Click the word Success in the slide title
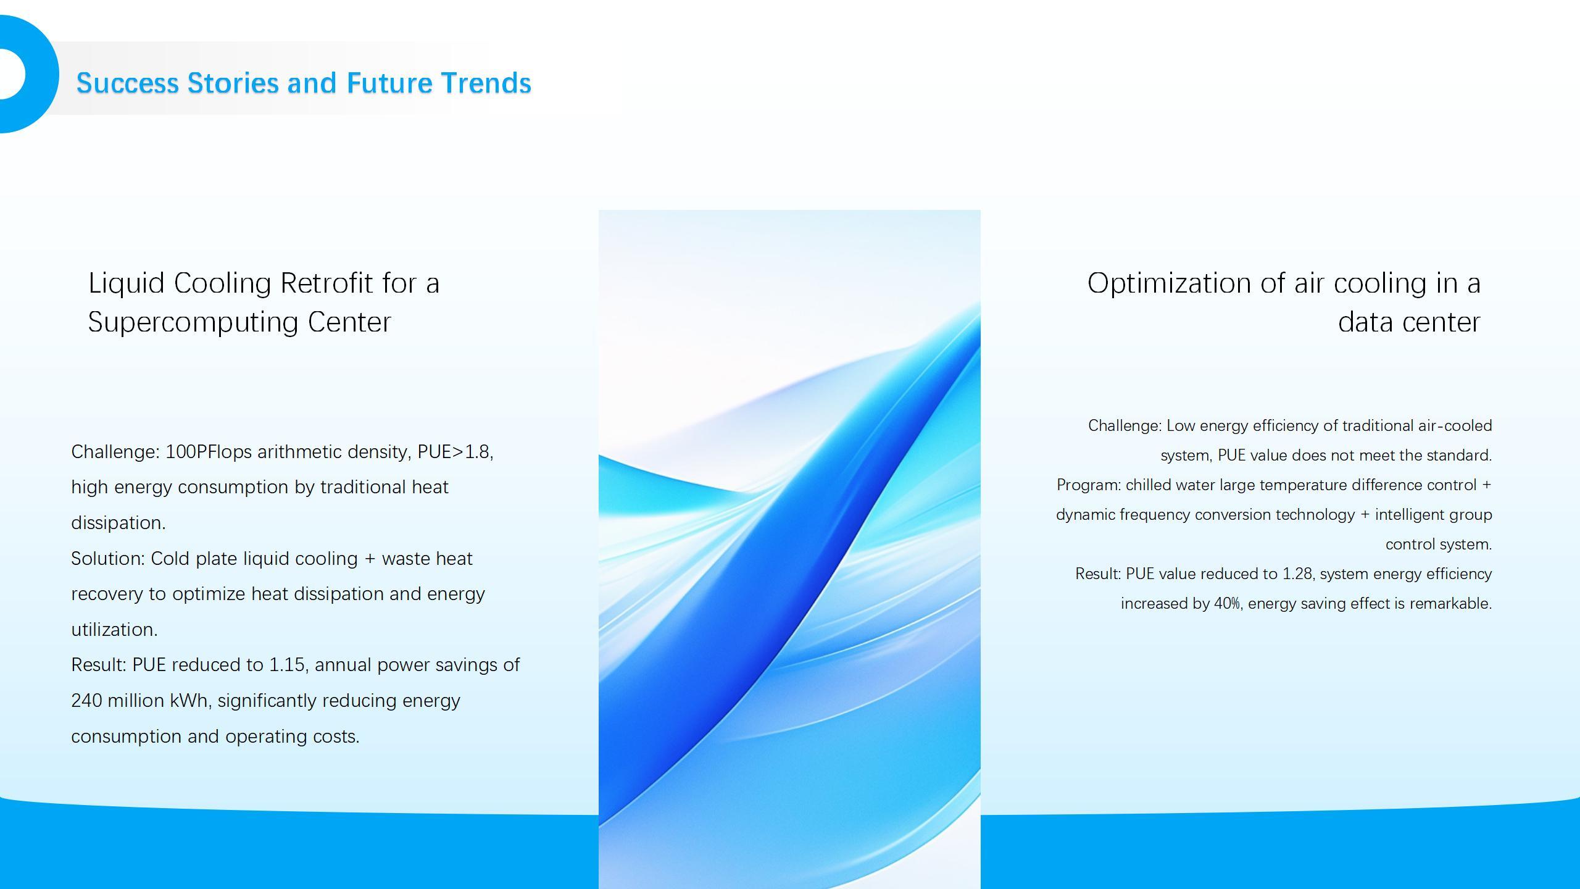[128, 83]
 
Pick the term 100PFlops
[209, 453]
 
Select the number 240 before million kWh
[86, 701]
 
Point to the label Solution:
[108, 559]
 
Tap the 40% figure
[1228, 604]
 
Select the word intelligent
[1409, 515]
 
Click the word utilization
[114, 630]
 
